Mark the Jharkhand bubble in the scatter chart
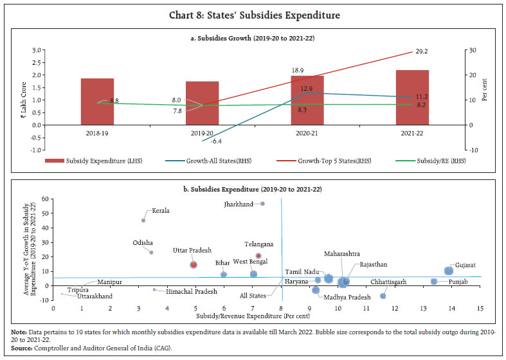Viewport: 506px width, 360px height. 262,204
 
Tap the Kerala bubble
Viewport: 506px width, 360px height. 143,221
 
